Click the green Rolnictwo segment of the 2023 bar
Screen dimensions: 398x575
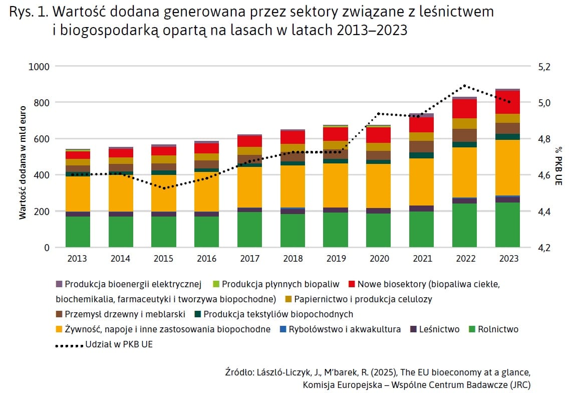point(507,225)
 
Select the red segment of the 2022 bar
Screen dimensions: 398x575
point(464,109)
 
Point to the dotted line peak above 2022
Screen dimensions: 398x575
point(464,86)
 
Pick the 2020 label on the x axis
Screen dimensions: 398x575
point(378,259)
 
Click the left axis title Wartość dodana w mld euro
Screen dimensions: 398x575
point(23,157)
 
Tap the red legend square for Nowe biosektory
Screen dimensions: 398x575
point(351,284)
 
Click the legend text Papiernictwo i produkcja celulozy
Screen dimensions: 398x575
point(363,299)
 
